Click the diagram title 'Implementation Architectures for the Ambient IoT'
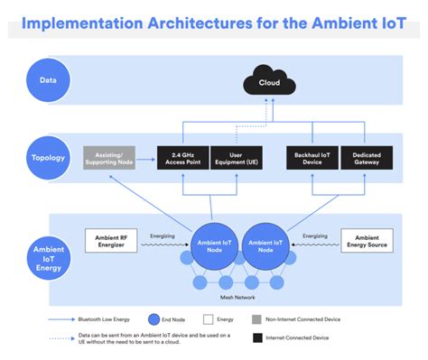(213, 21)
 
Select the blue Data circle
(48, 79)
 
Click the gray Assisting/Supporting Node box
(110, 158)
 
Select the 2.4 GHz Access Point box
(182, 158)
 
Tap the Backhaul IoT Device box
(312, 158)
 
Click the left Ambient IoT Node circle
(214, 245)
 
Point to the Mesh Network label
(238, 298)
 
